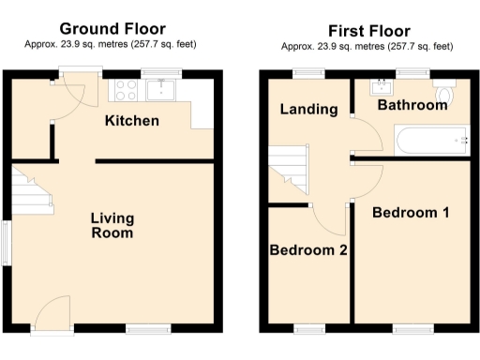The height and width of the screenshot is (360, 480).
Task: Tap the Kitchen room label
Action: pyautogui.click(x=131, y=121)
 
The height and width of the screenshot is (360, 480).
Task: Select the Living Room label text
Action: pyautogui.click(x=112, y=226)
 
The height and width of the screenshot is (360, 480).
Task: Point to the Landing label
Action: pyautogui.click(x=308, y=110)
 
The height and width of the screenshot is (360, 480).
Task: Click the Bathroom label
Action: pyautogui.click(x=412, y=105)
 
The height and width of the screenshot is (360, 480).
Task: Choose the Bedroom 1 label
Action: pyautogui.click(x=410, y=213)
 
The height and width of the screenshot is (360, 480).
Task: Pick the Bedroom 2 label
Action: pyautogui.click(x=308, y=250)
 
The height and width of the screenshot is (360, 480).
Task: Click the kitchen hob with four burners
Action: pyautogui.click(x=127, y=90)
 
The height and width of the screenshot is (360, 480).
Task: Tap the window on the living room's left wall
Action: pyautogui.click(x=7, y=243)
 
